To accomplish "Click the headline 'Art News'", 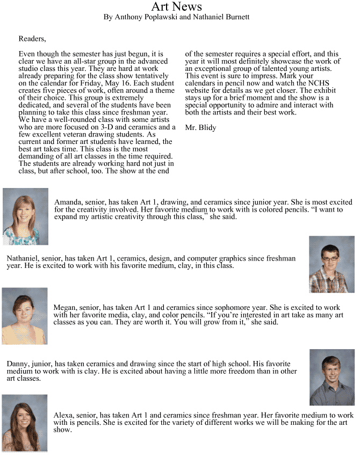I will point(176,7).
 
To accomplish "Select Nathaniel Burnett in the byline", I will point(224,17).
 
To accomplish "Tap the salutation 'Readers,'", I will point(32,39).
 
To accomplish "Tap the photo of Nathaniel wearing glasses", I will point(332,264).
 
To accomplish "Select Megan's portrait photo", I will point(25,316).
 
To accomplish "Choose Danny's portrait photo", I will point(332,377).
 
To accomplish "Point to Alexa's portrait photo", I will point(25,423).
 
